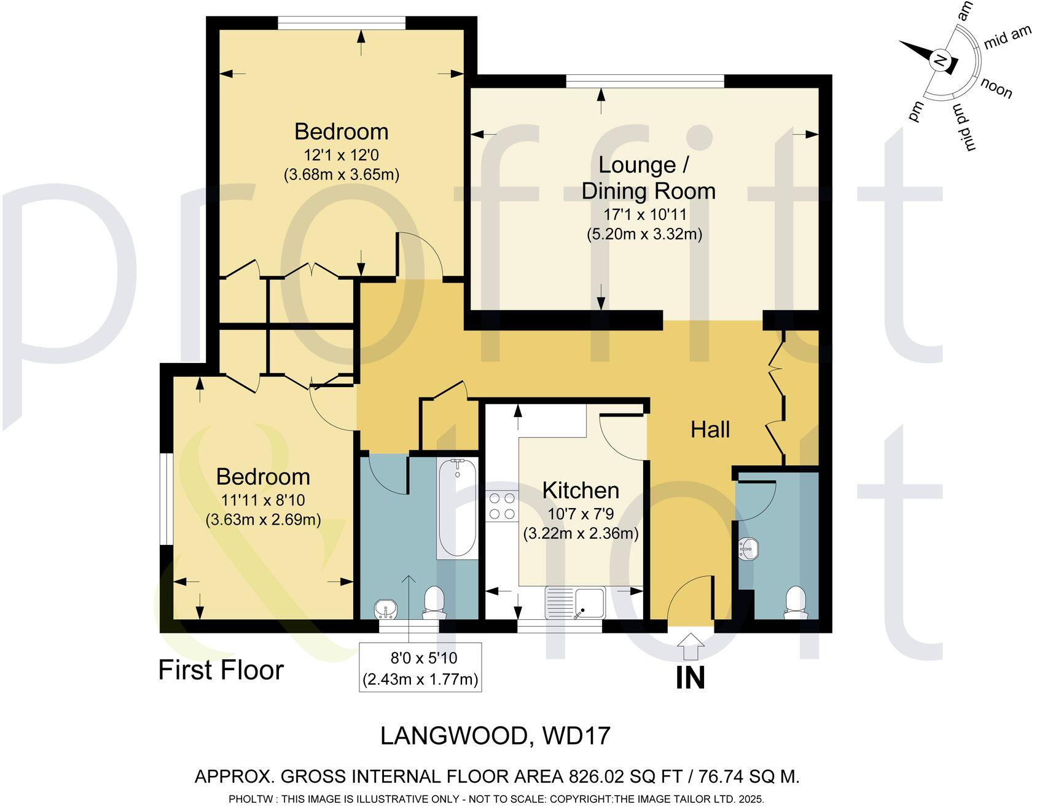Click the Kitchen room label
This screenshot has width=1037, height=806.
tap(581, 490)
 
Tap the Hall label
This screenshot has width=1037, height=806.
tap(710, 429)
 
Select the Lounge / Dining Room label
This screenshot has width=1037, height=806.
tap(648, 178)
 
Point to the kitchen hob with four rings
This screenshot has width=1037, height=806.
tap(502, 506)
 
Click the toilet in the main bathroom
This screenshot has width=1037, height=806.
tap(435, 602)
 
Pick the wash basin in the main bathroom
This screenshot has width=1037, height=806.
tap(387, 609)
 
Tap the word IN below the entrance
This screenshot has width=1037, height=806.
tap(691, 678)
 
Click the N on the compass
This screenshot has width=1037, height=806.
tap(939, 60)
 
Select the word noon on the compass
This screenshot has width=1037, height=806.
tap(996, 89)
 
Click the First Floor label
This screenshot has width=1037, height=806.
tap(221, 670)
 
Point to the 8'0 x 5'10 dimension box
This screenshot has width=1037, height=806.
tap(420, 667)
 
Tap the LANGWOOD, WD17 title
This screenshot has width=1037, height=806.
tap(495, 735)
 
